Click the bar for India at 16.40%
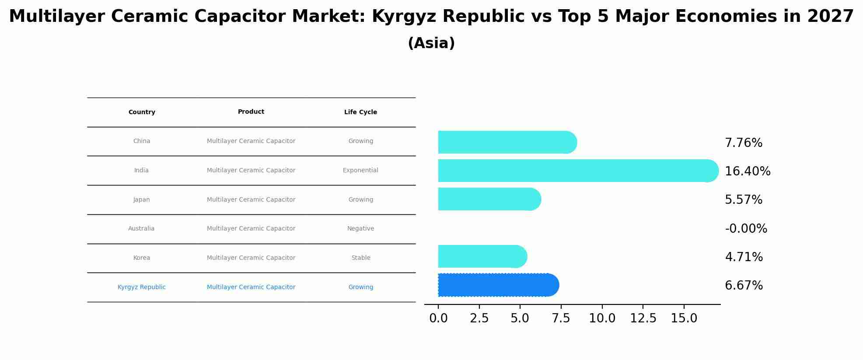[x=577, y=171]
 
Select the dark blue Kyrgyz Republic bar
[x=498, y=285]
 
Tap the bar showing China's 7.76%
[x=507, y=142]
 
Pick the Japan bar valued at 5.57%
[x=489, y=199]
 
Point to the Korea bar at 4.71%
[x=482, y=256]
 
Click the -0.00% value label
[x=746, y=228]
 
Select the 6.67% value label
[x=744, y=286]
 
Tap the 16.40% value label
[x=748, y=171]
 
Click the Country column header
[x=142, y=112]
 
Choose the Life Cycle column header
[x=360, y=112]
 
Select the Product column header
[x=251, y=112]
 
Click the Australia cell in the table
[x=141, y=228]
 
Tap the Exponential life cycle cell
[x=360, y=170]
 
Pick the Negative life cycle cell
[x=360, y=228]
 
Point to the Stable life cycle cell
[x=360, y=258]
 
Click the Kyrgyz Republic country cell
[x=141, y=287]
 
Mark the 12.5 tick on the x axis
[x=643, y=318]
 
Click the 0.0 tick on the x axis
[x=438, y=318]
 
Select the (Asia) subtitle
[x=431, y=43]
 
